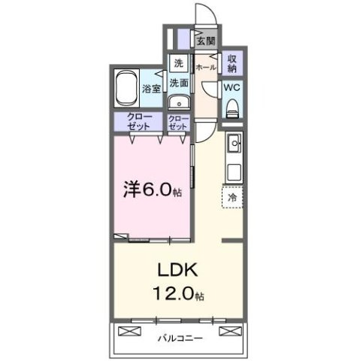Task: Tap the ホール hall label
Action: coord(206,68)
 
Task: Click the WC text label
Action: coord(232,87)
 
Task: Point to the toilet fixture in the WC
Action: coord(232,106)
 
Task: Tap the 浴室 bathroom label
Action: coord(151,89)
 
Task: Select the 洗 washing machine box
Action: coord(178,63)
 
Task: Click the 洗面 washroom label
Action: coord(178,83)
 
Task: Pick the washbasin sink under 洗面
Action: coord(178,103)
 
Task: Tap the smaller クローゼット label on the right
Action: coord(179,123)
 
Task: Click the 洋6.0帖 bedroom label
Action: coord(153,190)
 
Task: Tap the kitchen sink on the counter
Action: coord(234,141)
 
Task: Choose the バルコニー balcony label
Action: coord(179,338)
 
